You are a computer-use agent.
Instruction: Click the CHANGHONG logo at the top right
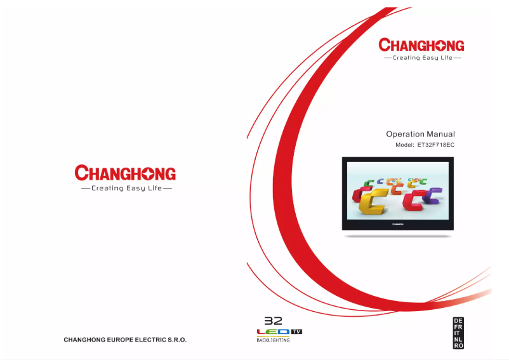421,45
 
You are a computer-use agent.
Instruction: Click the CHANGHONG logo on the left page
125,173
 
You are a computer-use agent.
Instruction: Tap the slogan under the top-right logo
422,58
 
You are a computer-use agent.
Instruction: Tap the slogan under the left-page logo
125,188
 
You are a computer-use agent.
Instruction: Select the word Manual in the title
442,134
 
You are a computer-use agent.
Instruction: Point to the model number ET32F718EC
436,145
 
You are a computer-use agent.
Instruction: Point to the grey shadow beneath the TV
399,236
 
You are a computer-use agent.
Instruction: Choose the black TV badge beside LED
296,331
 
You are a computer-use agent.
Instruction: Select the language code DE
458,320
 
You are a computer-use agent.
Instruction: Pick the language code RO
458,345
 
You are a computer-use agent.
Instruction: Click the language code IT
458,333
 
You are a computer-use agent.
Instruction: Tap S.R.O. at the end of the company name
175,340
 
